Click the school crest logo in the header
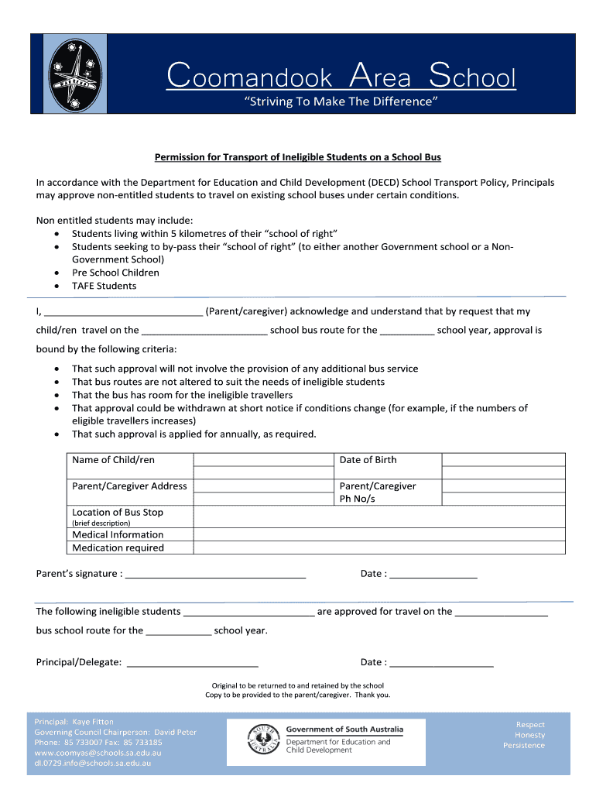click(74, 74)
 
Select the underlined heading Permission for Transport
click(297, 157)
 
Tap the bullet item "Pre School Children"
click(115, 273)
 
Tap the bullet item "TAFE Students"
click(104, 286)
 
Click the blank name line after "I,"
click(123, 312)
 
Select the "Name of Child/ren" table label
click(113, 460)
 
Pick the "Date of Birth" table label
click(368, 460)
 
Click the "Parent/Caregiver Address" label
click(129, 486)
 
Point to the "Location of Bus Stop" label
click(118, 513)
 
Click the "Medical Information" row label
click(118, 534)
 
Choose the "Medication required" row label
click(118, 548)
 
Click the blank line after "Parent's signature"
click(215, 575)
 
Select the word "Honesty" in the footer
click(529, 735)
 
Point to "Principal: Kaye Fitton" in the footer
click(74, 722)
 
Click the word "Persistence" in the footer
click(524, 746)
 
